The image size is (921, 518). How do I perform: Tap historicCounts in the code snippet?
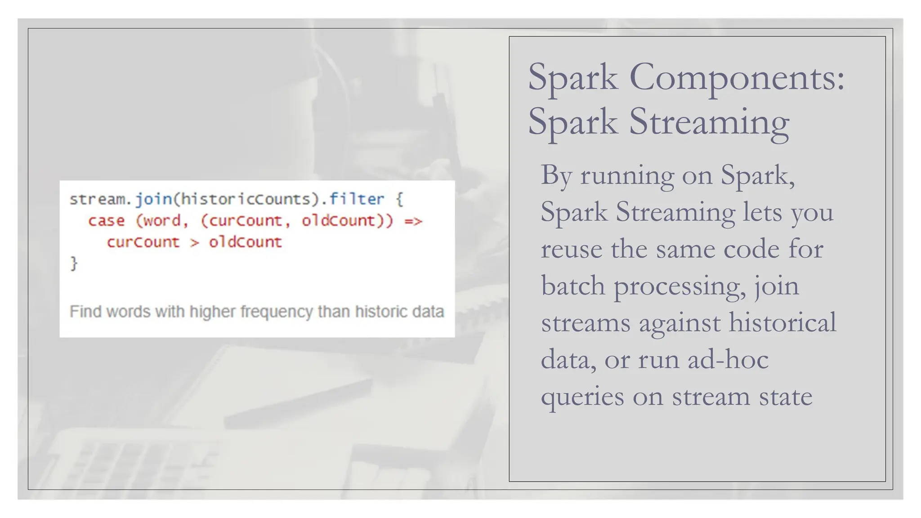coord(246,199)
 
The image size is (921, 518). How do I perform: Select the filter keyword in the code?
coord(357,199)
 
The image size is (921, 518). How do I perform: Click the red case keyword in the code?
coord(107,220)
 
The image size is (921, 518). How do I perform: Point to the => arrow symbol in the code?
coord(413,221)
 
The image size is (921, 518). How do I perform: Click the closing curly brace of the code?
coord(74,263)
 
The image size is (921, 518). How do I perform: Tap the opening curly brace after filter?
coord(399,199)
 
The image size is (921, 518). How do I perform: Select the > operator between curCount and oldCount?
coord(194,242)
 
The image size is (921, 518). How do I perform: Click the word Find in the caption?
coord(85,312)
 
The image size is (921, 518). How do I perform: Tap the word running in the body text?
coord(627,175)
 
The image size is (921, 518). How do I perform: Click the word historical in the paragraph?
coord(782,323)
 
